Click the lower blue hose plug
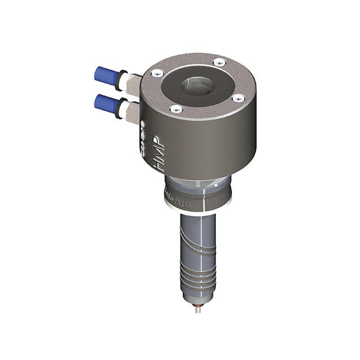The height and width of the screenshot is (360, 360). (x=106, y=103)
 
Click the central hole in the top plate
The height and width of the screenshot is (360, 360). (x=198, y=86)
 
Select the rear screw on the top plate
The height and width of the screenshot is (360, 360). (x=219, y=62)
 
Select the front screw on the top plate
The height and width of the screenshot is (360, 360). (x=176, y=109)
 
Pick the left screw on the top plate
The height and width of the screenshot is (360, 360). (x=158, y=73)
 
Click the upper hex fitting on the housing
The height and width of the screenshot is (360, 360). (x=133, y=83)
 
